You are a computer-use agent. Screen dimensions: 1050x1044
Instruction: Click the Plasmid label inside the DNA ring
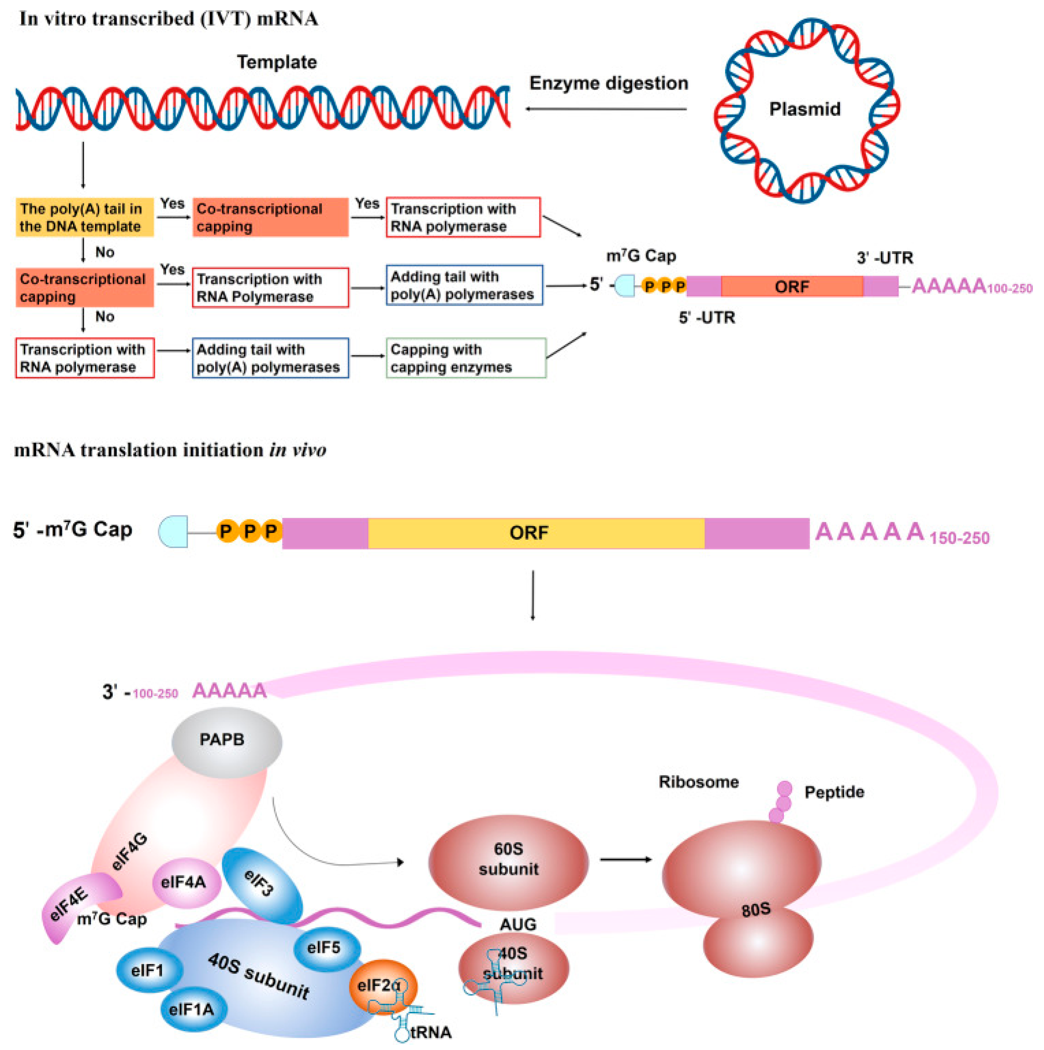pos(804,109)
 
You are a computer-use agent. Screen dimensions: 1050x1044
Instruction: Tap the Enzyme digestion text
pos(609,83)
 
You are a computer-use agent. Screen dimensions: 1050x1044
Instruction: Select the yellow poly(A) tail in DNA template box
pos(84,218)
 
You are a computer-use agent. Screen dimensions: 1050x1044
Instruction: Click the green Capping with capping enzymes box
pos(466,358)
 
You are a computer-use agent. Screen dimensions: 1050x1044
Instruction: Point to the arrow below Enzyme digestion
pos(606,109)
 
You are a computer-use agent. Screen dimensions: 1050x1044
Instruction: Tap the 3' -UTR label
pos(885,258)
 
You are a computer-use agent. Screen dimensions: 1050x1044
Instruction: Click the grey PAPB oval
pos(227,740)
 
